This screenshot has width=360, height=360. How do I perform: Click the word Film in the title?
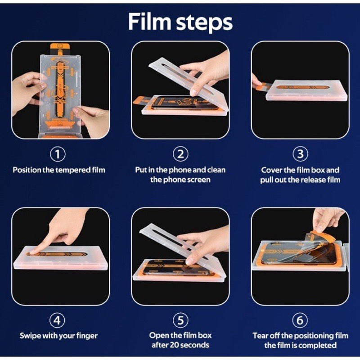point(149,21)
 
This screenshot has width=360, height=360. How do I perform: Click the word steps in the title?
point(204,22)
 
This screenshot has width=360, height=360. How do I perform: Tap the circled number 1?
point(58,154)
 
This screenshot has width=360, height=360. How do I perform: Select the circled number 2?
point(180,154)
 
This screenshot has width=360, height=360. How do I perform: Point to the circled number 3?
point(300,154)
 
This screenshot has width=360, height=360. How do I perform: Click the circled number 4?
point(58,320)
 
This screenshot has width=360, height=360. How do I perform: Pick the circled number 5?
point(180,320)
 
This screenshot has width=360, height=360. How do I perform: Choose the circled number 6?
point(300,320)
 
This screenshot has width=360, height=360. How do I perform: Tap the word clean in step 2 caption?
point(216,170)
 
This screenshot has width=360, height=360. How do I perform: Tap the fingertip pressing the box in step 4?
point(33,252)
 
